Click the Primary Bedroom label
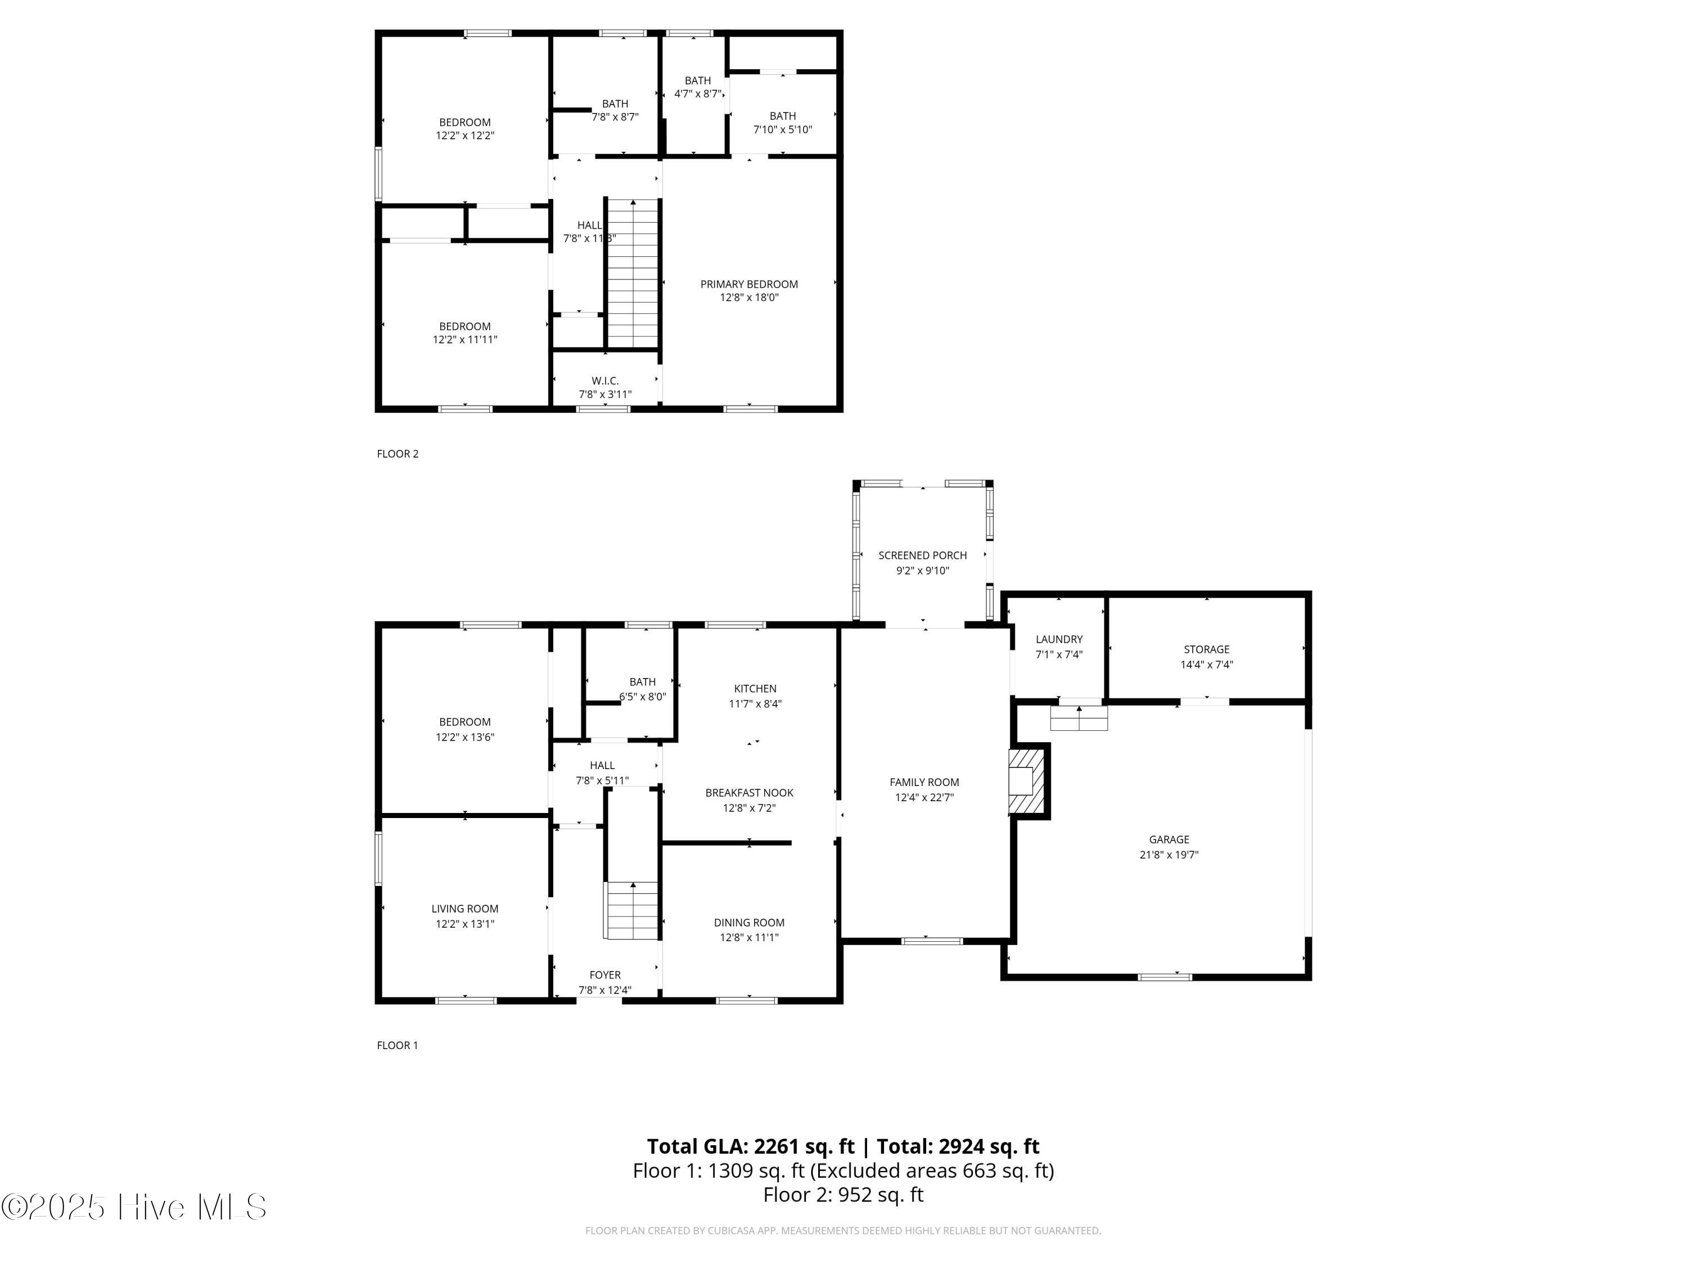click(x=749, y=284)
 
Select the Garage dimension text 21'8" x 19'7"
click(x=1169, y=855)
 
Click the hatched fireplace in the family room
click(x=1027, y=781)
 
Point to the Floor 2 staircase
click(x=632, y=273)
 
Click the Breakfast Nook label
click(x=750, y=793)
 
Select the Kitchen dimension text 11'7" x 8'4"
click(x=755, y=704)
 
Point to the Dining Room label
click(x=749, y=923)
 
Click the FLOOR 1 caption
click(x=398, y=1045)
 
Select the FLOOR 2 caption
click(x=398, y=454)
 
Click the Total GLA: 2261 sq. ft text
click(x=751, y=1146)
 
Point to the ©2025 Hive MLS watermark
click(x=134, y=1207)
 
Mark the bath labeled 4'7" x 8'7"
click(x=698, y=88)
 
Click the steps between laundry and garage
click(x=1079, y=719)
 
